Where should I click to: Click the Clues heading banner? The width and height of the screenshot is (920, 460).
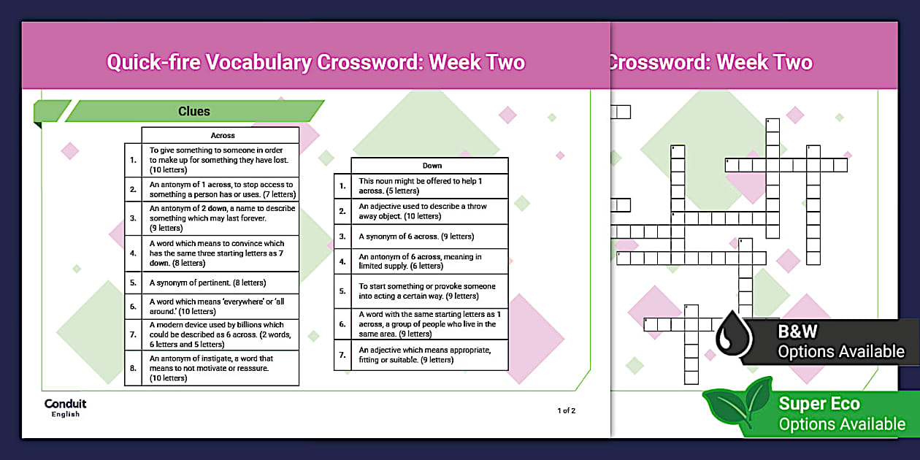click(x=194, y=112)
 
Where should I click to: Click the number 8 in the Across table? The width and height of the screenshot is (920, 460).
click(x=133, y=368)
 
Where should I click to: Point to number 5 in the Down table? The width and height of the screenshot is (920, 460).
click(x=342, y=291)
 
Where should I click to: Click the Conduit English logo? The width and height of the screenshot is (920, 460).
click(x=65, y=408)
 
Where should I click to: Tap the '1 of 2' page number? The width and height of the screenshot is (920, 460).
click(x=566, y=410)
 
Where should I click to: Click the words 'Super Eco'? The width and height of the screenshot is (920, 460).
click(x=819, y=404)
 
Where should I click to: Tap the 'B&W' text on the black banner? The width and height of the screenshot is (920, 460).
click(x=797, y=331)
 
